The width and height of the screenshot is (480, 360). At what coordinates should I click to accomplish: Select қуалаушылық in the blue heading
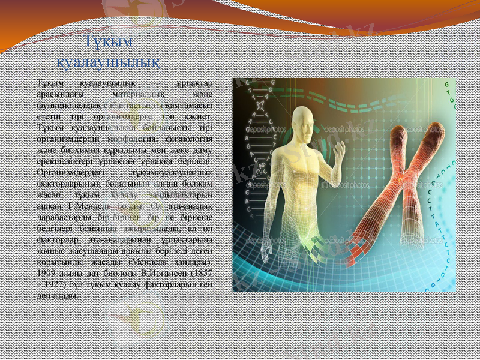107,62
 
